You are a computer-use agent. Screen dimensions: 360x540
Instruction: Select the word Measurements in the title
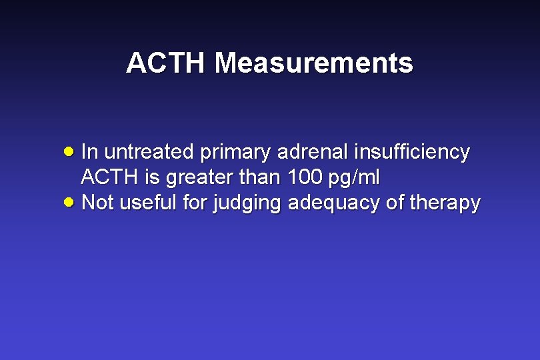tap(314, 64)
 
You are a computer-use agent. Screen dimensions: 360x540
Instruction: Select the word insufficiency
tap(412, 152)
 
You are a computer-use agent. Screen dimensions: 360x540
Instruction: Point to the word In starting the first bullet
tap(89, 152)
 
